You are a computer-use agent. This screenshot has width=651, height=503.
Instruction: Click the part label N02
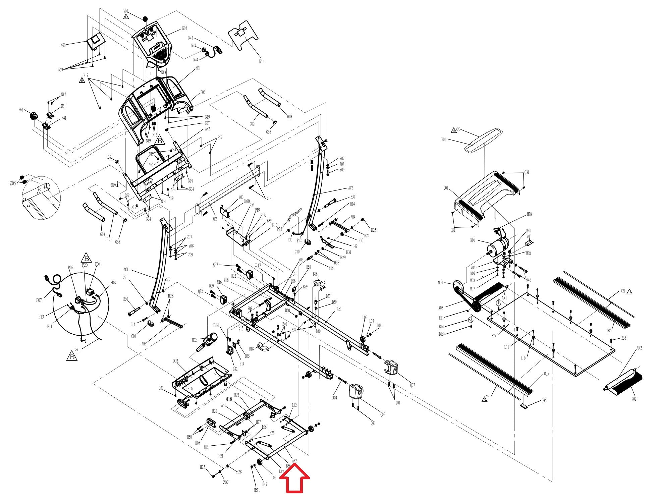click(x=184, y=29)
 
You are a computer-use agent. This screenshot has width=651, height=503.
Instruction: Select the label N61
click(x=261, y=61)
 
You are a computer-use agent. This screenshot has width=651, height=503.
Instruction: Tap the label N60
click(x=63, y=45)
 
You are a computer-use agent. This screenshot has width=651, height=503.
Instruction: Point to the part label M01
click(x=473, y=240)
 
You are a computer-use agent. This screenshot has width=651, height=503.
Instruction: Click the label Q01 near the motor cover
click(x=445, y=188)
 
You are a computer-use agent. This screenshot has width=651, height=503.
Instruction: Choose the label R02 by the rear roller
click(x=634, y=399)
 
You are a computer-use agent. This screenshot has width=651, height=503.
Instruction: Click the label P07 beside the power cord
click(x=39, y=300)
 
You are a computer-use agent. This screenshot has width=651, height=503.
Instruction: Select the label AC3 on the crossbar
click(x=215, y=219)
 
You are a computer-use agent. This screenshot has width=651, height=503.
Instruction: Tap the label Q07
click(x=412, y=385)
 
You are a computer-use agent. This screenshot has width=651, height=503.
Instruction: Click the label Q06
click(x=383, y=414)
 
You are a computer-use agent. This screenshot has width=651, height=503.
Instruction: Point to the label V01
click(x=443, y=139)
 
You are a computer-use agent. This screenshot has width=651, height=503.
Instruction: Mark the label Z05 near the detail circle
click(x=12, y=183)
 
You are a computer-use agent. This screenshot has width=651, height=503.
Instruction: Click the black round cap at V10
click(x=145, y=19)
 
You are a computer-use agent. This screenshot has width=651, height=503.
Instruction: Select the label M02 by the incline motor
click(x=194, y=340)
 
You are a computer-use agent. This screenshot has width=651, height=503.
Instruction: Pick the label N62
click(x=21, y=110)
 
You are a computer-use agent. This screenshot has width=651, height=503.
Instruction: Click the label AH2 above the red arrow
click(x=294, y=461)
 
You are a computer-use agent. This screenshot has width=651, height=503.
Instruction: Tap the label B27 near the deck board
click(x=494, y=336)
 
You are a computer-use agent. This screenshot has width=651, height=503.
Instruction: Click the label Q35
click(x=544, y=401)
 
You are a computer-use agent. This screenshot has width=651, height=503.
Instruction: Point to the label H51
click(x=257, y=490)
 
